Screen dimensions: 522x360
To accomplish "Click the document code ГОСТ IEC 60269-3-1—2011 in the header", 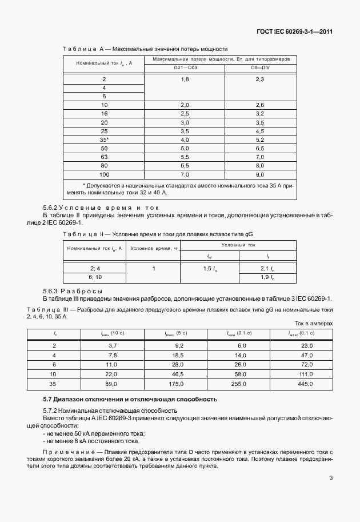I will (x=295, y=31).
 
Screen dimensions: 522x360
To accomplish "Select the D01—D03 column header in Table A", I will (x=185, y=69).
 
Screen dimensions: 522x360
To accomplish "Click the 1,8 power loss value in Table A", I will (x=185, y=79).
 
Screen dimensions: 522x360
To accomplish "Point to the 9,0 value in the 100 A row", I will (x=260, y=174).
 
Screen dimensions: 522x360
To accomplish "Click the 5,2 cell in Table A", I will (x=260, y=140).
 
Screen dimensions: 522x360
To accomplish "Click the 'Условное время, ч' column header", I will (x=154, y=248).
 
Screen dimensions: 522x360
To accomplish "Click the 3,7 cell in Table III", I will (x=112, y=346).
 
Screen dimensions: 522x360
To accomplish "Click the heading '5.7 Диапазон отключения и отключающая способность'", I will (x=130, y=399).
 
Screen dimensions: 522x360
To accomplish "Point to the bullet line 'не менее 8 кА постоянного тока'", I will (x=91, y=440).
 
